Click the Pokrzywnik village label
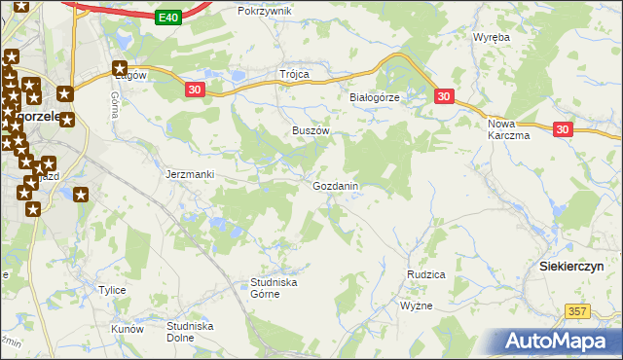coord(265,11)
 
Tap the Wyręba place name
coord(492,37)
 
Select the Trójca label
coord(294,74)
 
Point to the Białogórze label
coord(375,98)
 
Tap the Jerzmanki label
coord(190,174)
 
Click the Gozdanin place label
coord(336,186)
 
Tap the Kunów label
coord(128,329)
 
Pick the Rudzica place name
coord(425,274)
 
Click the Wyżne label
coord(416,306)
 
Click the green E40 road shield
coord(167,18)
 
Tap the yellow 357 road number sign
coord(577,309)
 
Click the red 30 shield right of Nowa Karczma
coord(564,128)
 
